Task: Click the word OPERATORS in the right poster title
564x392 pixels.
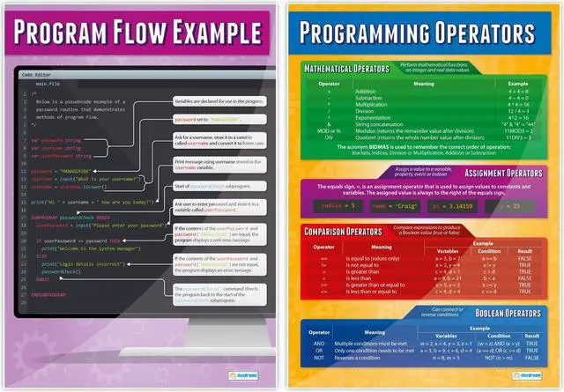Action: (x=471, y=33)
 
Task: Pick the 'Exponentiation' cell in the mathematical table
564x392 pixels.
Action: (x=375, y=119)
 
